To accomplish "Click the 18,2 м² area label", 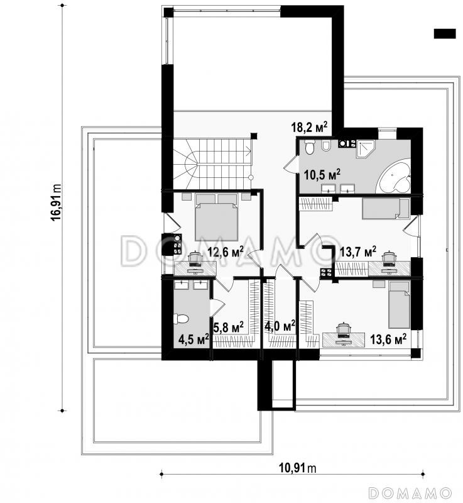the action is [x=309, y=127].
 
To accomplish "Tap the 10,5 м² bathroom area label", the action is [x=322, y=175].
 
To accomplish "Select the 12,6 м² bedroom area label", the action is [x=226, y=252].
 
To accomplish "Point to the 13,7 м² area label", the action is [x=358, y=252].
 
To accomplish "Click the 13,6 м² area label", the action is [x=388, y=339].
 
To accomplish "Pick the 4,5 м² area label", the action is [x=194, y=340].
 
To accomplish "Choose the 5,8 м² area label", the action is [x=229, y=327].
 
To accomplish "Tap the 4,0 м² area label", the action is [x=280, y=326].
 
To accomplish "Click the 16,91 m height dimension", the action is [x=57, y=202].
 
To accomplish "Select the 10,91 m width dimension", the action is [x=298, y=468].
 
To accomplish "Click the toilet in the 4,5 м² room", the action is [x=181, y=319].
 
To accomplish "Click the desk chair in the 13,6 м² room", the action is [x=344, y=331].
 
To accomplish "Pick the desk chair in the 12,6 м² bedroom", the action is [x=195, y=258].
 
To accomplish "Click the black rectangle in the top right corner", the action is [x=445, y=34].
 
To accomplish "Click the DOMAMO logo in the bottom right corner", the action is [x=410, y=493].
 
